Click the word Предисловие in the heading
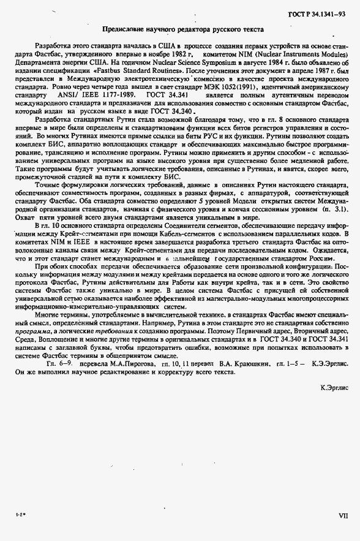click(x=122, y=29)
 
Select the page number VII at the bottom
click(x=343, y=516)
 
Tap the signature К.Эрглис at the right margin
click(x=334, y=387)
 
